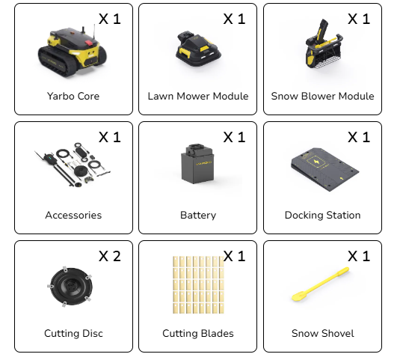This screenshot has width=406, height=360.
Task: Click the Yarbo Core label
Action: [x=73, y=96]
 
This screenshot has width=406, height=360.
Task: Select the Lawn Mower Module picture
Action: [x=198, y=49]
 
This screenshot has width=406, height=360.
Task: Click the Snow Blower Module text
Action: [x=322, y=96]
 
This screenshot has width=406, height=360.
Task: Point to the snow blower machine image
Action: [x=324, y=44]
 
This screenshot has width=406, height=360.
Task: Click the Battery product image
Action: [x=198, y=164]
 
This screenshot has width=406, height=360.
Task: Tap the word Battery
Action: [x=198, y=216]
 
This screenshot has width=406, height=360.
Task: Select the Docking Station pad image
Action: [x=325, y=169]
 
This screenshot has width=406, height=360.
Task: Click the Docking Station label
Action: [x=322, y=216]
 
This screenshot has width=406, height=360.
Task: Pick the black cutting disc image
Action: [x=70, y=287]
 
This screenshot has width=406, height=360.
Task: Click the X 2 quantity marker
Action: [x=110, y=256]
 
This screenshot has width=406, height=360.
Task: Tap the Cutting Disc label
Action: [x=73, y=334]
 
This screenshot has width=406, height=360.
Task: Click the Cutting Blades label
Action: [x=198, y=334]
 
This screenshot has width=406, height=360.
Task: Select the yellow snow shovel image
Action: [x=321, y=284]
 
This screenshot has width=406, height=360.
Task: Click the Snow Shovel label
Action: [x=322, y=334]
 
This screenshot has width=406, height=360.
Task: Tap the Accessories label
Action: [x=73, y=216]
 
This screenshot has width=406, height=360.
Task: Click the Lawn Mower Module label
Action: [x=198, y=96]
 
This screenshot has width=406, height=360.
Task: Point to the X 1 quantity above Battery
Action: [x=234, y=137]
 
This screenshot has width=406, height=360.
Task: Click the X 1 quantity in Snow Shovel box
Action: [x=359, y=256]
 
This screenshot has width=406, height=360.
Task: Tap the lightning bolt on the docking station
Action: [x=316, y=162]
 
